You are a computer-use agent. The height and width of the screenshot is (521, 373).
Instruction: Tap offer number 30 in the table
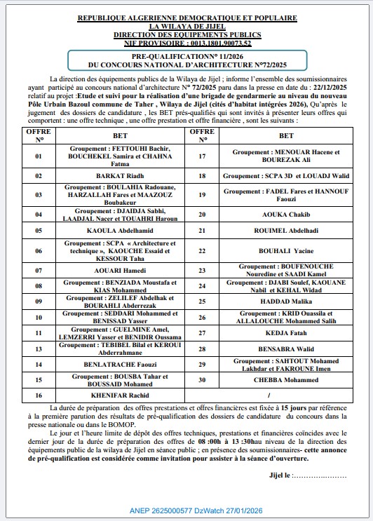[x=203, y=381]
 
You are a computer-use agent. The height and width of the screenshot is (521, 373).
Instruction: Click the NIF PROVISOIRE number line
[x=187, y=42]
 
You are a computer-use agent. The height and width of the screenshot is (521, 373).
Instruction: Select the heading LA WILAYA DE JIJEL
[x=187, y=25]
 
